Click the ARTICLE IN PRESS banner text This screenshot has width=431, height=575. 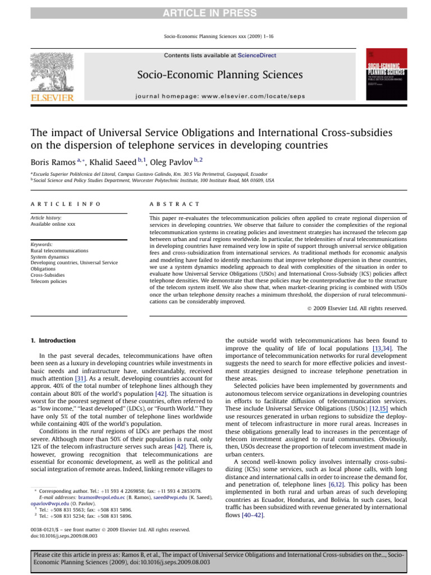point(215,13)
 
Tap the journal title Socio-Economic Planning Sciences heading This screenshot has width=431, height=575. point(215,75)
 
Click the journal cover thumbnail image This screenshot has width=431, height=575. point(387,74)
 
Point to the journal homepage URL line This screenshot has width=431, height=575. point(221,96)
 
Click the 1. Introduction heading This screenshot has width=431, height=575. point(52,341)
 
